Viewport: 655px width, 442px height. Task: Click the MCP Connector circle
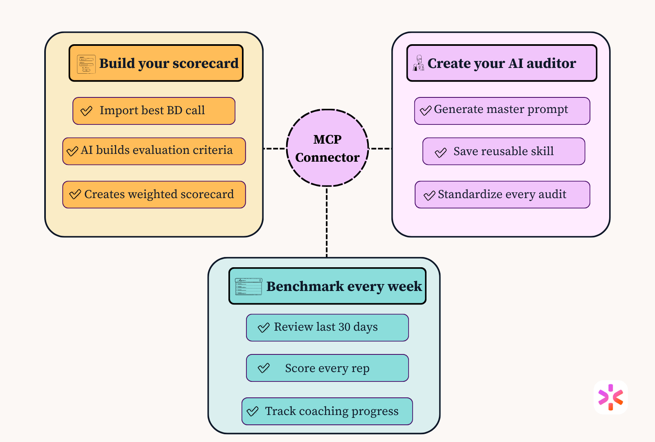pyautogui.click(x=327, y=148)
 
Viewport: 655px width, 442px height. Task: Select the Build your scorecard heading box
pyautogui.click(x=156, y=63)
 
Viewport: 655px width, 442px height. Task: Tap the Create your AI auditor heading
pyautogui.click(x=502, y=63)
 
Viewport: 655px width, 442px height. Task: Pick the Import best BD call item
pyautogui.click(x=154, y=111)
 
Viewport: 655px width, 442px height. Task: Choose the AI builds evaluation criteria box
pyautogui.click(x=154, y=151)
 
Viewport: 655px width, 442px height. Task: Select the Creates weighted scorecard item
pyautogui.click(x=154, y=194)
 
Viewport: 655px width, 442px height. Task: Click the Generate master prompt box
pyautogui.click(x=502, y=111)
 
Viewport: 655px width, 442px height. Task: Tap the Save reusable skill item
pyautogui.click(x=504, y=151)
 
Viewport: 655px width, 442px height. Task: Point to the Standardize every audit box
pyautogui.click(x=502, y=194)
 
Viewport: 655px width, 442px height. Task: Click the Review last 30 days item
pyautogui.click(x=327, y=327)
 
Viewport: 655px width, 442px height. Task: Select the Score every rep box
pyautogui.click(x=327, y=368)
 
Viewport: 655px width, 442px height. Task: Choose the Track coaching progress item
pyautogui.click(x=327, y=411)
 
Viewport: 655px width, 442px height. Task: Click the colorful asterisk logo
pyautogui.click(x=610, y=397)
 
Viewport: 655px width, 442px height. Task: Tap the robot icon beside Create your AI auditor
pyautogui.click(x=418, y=63)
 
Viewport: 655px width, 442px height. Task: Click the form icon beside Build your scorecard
pyautogui.click(x=86, y=64)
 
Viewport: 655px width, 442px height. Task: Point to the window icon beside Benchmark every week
pyautogui.click(x=248, y=286)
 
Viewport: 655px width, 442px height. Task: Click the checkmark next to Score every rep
pyautogui.click(x=264, y=368)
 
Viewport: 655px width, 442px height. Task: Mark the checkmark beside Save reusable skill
pyautogui.click(x=440, y=152)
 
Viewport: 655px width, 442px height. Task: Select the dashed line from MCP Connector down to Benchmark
pyautogui.click(x=327, y=222)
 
